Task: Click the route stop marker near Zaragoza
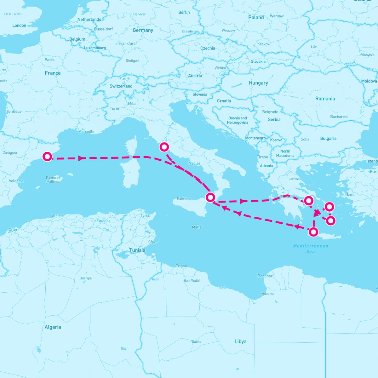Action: click(x=47, y=156)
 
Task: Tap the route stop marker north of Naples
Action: click(x=164, y=147)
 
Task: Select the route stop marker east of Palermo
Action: click(x=210, y=197)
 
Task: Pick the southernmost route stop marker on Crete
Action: click(x=313, y=232)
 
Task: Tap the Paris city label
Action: click(x=49, y=60)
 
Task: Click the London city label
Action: click(x=19, y=25)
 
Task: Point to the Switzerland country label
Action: click(x=121, y=86)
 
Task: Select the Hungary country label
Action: click(x=258, y=83)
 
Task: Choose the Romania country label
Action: click(x=325, y=99)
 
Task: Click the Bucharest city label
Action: click(x=339, y=117)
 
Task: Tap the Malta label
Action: click(x=197, y=227)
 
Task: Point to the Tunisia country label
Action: click(x=137, y=250)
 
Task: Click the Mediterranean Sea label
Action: click(x=311, y=249)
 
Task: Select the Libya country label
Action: click(x=240, y=341)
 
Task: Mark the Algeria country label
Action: click(x=53, y=327)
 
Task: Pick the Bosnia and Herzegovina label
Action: click(x=238, y=120)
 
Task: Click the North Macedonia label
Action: click(x=285, y=153)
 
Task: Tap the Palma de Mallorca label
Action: click(x=53, y=180)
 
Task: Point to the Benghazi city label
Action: click(x=266, y=276)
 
